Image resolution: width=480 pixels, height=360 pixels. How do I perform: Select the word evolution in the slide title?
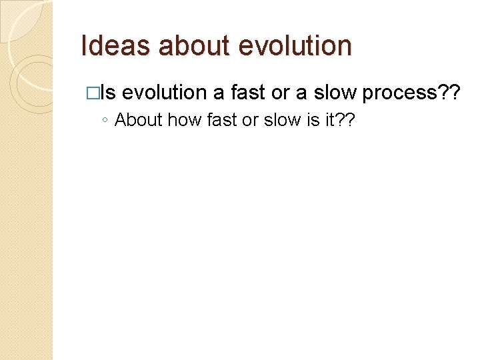[x=295, y=46]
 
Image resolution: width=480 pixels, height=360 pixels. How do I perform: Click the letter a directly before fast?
[x=219, y=93]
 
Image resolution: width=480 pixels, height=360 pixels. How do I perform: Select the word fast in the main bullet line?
[x=248, y=93]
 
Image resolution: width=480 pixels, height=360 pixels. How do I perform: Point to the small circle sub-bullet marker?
[x=105, y=121]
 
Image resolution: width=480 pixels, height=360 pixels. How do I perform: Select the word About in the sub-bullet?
[x=139, y=120]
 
